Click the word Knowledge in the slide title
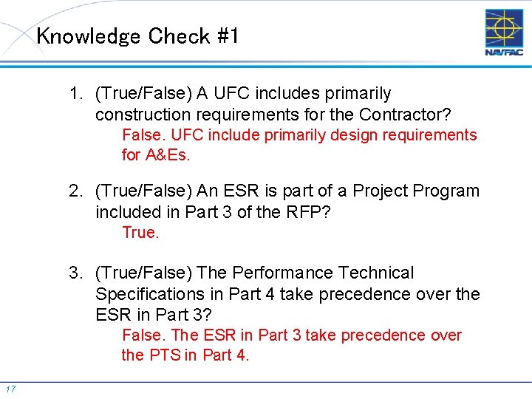coord(88,36)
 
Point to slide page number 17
coord(10,389)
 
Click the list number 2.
coord(76,191)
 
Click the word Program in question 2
coord(446,191)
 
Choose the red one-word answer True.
coord(140,233)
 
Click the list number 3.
coord(76,273)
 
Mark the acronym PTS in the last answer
coord(164,355)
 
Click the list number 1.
coord(76,94)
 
